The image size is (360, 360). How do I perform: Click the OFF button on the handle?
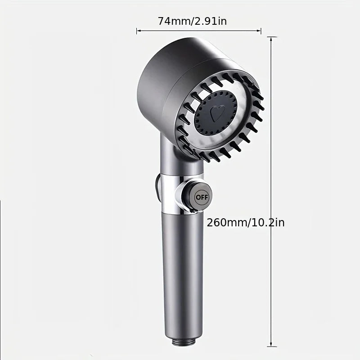point(201,197)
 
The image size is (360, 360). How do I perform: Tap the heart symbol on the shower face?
point(218,112)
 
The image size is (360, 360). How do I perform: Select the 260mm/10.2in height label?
point(246,222)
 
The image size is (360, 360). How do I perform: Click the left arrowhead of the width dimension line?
point(138,31)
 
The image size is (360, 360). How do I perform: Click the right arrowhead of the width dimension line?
point(260,31)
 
